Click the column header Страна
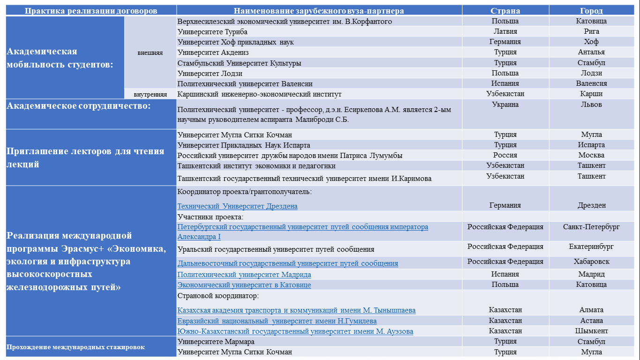tap(505, 11)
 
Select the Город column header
tap(591, 11)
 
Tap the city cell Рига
tap(591, 31)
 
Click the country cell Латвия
tap(505, 31)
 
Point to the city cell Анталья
tap(591, 52)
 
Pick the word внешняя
tap(150, 52)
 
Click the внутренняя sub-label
tap(150, 94)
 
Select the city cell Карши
tap(591, 94)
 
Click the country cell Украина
tap(505, 105)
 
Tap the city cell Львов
tap(591, 105)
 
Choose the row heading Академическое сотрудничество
tap(78, 106)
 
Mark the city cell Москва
tap(591, 155)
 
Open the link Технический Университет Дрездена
tap(237, 206)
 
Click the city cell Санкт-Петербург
tap(591, 227)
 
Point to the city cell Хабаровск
tap(591, 262)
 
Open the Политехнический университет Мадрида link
tap(244, 275)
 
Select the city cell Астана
tap(591, 321)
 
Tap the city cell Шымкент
tap(591, 331)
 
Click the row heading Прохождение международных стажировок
tap(75, 347)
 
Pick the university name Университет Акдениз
tap(213, 52)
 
